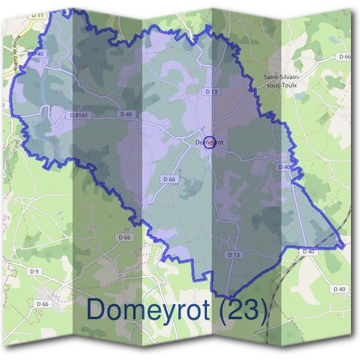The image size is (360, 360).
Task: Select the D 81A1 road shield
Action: click(x=79, y=115)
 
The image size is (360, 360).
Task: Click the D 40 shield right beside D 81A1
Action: click(x=125, y=114)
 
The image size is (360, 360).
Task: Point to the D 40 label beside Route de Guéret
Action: click(x=37, y=54)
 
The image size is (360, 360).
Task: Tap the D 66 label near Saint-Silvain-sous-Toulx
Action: click(x=344, y=56)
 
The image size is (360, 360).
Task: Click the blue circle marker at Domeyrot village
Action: click(x=209, y=142)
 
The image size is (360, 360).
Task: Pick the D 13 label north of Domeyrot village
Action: click(x=211, y=92)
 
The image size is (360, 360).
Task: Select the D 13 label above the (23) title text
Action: click(x=235, y=255)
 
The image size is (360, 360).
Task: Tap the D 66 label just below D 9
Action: click(x=42, y=304)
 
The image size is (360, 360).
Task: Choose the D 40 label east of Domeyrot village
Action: click(x=284, y=167)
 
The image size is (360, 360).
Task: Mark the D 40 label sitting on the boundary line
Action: click(x=308, y=251)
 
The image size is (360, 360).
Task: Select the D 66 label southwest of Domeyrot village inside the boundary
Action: click(x=169, y=179)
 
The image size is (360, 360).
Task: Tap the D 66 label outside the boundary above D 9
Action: click(x=124, y=237)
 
